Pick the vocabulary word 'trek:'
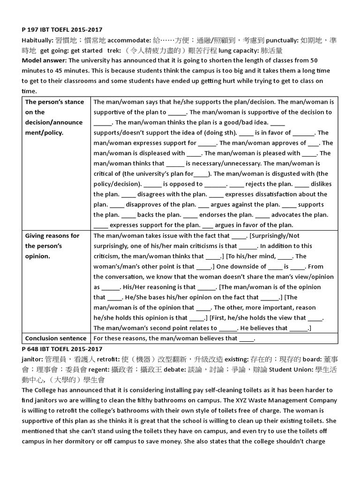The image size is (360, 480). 114,51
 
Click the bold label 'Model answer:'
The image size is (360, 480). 43,60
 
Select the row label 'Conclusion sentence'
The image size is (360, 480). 55,338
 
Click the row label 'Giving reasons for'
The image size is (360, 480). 52,236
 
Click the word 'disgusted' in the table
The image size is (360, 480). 277,173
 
